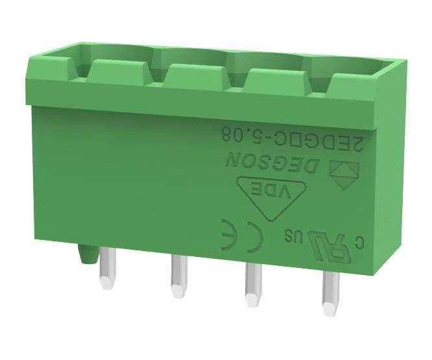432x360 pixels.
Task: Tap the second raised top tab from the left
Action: (x=193, y=75)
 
